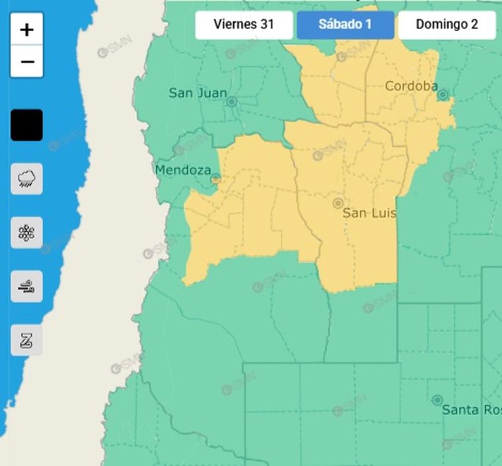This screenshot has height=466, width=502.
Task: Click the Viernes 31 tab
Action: tap(244, 25)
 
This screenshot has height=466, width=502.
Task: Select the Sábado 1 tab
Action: tap(345, 25)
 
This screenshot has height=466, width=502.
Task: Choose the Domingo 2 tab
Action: tap(447, 25)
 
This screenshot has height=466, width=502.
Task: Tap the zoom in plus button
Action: tap(27, 30)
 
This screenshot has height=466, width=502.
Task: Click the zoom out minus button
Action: tap(27, 61)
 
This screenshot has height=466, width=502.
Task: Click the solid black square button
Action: tap(27, 125)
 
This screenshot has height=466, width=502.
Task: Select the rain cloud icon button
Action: tap(27, 178)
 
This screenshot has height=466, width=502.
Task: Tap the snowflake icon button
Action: tap(27, 233)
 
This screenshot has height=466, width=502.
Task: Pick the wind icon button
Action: tap(27, 287)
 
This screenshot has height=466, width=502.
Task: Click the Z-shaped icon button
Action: tap(27, 340)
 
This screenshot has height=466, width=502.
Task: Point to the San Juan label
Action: tap(197, 93)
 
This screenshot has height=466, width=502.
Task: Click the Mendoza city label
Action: tap(182, 171)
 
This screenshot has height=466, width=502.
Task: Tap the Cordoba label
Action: tap(411, 87)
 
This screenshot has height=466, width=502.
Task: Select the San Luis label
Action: tap(369, 214)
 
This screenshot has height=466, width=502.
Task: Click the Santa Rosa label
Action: tap(471, 410)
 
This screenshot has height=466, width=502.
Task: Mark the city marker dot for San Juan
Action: tap(232, 101)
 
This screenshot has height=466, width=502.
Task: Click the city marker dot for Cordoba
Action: tap(443, 95)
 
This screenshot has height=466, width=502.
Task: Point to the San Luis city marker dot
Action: tap(338, 203)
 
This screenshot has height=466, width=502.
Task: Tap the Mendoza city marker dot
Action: tap(215, 178)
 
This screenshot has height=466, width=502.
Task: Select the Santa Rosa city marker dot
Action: tap(437, 400)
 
